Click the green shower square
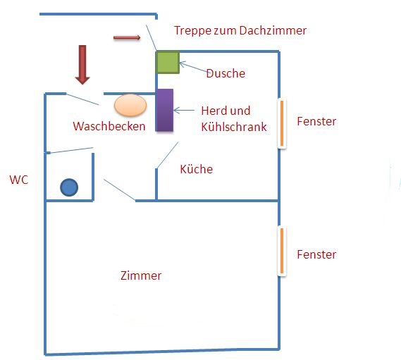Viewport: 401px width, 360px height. point(168,63)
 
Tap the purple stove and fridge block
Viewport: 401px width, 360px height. point(164,110)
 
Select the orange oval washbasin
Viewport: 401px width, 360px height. point(130,105)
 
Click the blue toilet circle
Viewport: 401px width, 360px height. point(69,187)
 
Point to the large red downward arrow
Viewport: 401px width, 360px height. point(82,65)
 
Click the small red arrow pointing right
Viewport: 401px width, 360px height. point(127,38)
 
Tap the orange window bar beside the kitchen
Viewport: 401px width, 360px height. point(282,123)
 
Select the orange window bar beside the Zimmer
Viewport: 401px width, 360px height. point(282,251)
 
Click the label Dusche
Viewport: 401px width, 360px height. point(226,73)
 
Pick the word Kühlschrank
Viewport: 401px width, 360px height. point(234,127)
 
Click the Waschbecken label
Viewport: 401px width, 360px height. point(109,126)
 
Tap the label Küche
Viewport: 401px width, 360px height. point(197,169)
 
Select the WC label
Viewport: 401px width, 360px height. point(18,180)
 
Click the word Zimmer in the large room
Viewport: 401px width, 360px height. point(141,275)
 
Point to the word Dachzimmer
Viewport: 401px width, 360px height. point(273,30)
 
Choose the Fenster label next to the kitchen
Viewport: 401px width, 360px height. point(316,121)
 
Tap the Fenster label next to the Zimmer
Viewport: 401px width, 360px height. point(316,254)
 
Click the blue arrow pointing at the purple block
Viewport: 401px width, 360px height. point(184,111)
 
